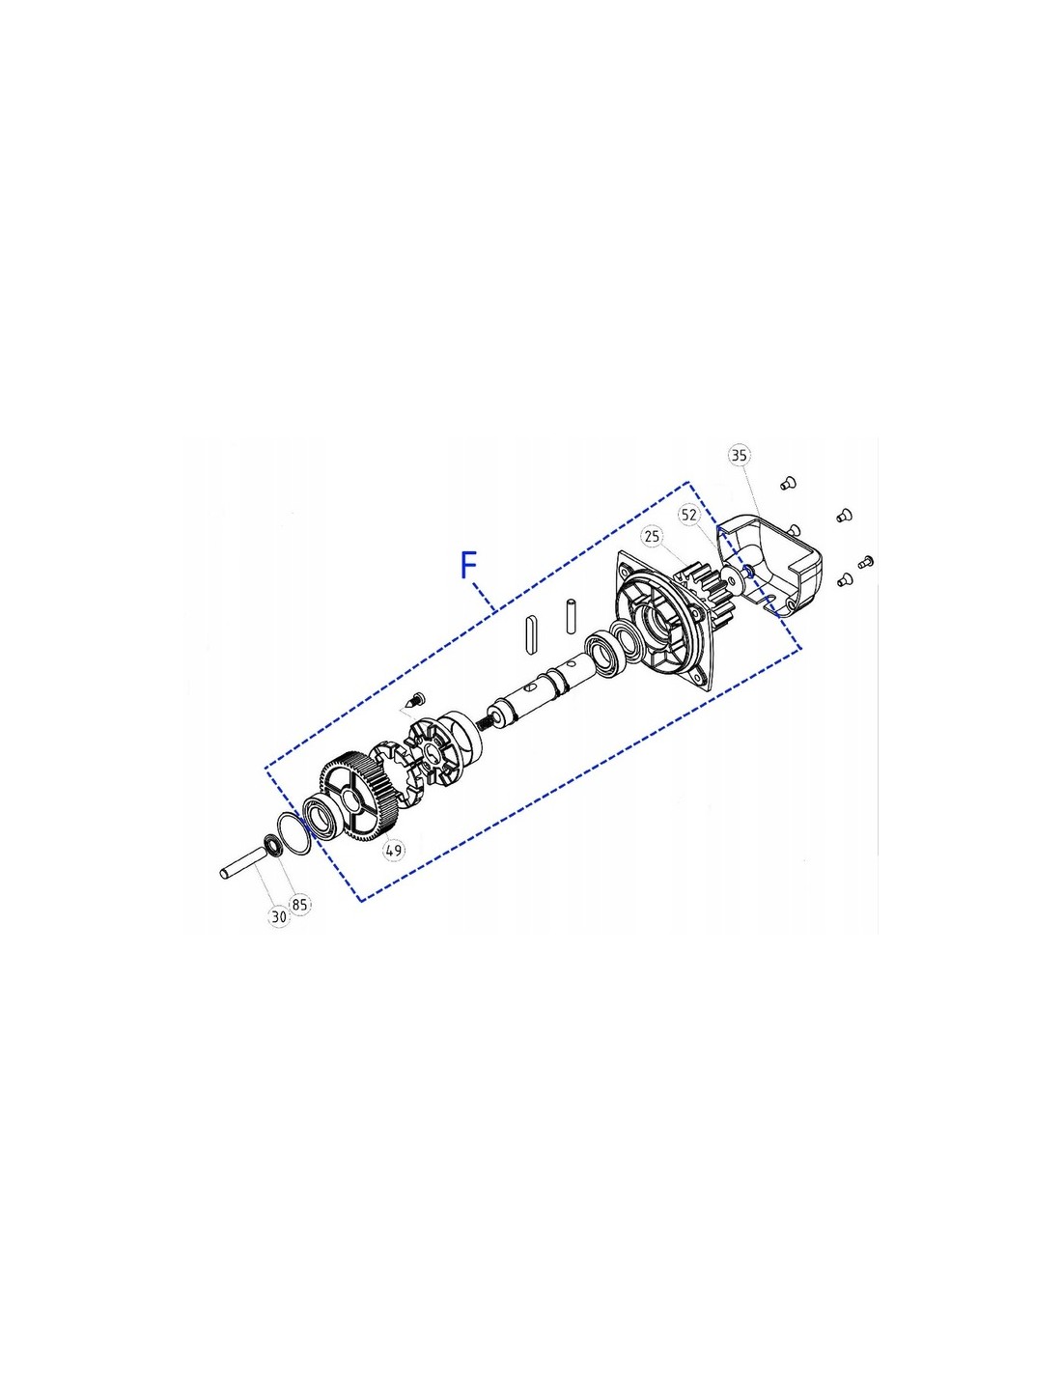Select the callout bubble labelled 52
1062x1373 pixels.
coord(688,515)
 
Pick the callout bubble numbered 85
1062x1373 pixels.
coord(299,904)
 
